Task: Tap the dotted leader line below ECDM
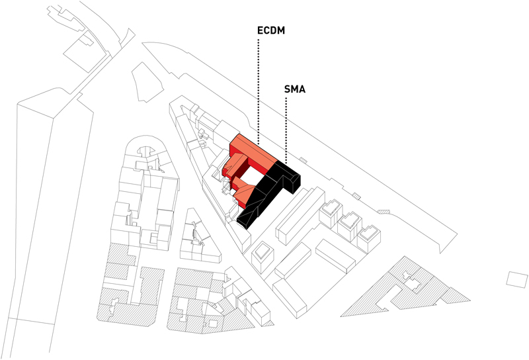point(259,86)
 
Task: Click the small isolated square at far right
point(515,279)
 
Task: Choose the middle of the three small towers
point(348,226)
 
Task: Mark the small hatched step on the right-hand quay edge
point(383,211)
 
